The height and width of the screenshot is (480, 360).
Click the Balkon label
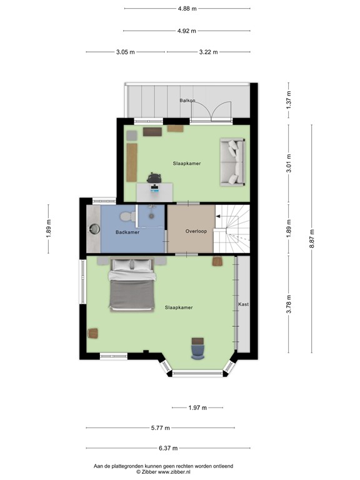tap(187, 100)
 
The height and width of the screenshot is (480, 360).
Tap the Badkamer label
tap(127, 232)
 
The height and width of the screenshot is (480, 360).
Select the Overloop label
tap(196, 231)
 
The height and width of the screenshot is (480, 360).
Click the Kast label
tap(243, 304)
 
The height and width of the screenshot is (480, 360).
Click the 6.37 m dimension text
tap(168, 448)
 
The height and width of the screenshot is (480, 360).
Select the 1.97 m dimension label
tap(197, 407)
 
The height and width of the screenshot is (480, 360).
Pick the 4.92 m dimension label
tap(186, 31)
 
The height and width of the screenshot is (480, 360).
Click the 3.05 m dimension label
tap(125, 52)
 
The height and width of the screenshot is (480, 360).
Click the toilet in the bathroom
tap(127, 216)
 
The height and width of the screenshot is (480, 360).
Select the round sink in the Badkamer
tap(94, 229)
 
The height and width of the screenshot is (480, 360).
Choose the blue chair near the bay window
tap(197, 348)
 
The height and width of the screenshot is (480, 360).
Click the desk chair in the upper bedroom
tap(154, 179)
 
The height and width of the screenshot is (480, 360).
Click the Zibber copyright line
tap(163, 472)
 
